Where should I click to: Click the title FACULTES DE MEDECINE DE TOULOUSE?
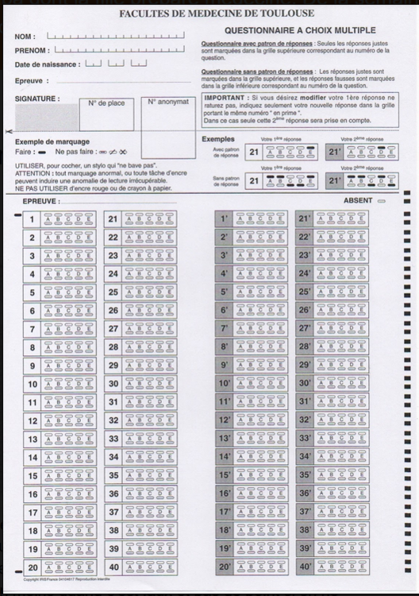[217, 14]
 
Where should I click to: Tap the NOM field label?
[24, 37]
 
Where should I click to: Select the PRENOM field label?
[31, 50]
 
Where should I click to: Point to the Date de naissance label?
[46, 64]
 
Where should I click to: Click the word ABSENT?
[358, 201]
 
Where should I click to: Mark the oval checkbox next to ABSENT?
[382, 201]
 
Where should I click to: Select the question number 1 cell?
[33, 219]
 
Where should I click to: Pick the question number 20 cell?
[33, 567]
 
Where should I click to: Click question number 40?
[113, 567]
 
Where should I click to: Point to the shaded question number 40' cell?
[305, 567]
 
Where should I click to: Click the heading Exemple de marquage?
[47, 141]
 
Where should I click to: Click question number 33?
[113, 439]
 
